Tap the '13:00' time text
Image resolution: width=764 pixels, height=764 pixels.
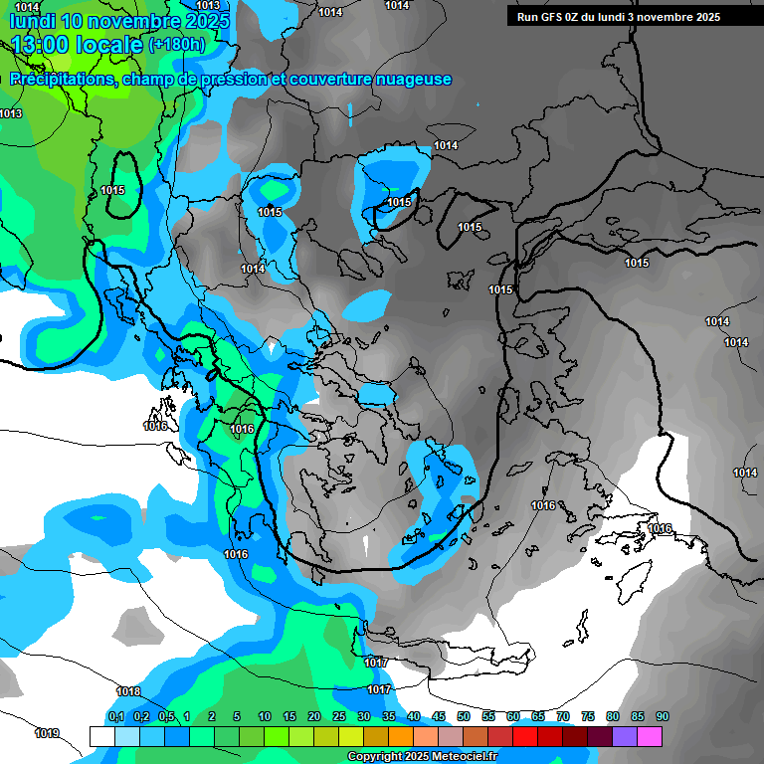(39, 45)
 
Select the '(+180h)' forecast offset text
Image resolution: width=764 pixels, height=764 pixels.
(176, 45)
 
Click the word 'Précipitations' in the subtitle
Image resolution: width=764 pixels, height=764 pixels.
(62, 80)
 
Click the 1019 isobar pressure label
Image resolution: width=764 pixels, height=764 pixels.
(47, 734)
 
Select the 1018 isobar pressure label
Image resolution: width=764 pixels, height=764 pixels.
(128, 691)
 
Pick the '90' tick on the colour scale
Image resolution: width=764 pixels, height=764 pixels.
(662, 716)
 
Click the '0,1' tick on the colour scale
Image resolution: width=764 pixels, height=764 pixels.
(115, 716)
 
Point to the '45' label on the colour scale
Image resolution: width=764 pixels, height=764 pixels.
(439, 716)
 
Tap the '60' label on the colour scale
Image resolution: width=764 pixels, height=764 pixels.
(513, 716)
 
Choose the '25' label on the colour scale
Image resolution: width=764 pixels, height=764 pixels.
(339, 716)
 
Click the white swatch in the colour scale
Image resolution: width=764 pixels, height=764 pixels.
(101, 736)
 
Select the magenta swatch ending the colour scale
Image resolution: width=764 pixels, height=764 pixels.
(650, 736)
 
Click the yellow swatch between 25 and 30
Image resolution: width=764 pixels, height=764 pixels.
(351, 736)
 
